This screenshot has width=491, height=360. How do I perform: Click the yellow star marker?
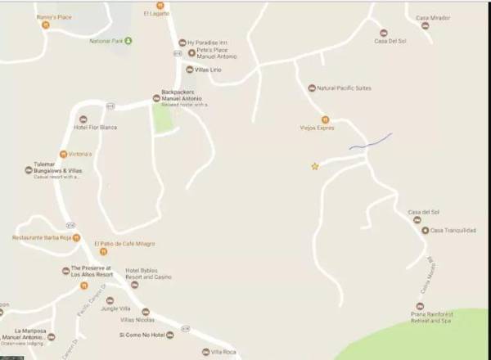314,167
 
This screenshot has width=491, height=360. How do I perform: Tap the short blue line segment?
371,142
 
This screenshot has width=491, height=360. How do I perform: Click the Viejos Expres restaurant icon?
325,119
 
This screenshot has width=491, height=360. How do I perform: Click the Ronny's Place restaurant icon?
46,25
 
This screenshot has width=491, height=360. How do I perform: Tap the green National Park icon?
128,40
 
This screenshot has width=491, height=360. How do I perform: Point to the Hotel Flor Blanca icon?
83,119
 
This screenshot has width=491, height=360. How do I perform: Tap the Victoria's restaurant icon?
62,154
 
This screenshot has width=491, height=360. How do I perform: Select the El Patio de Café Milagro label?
124,244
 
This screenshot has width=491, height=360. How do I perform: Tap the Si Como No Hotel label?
147,335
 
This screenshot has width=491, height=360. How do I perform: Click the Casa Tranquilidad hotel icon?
425,230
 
